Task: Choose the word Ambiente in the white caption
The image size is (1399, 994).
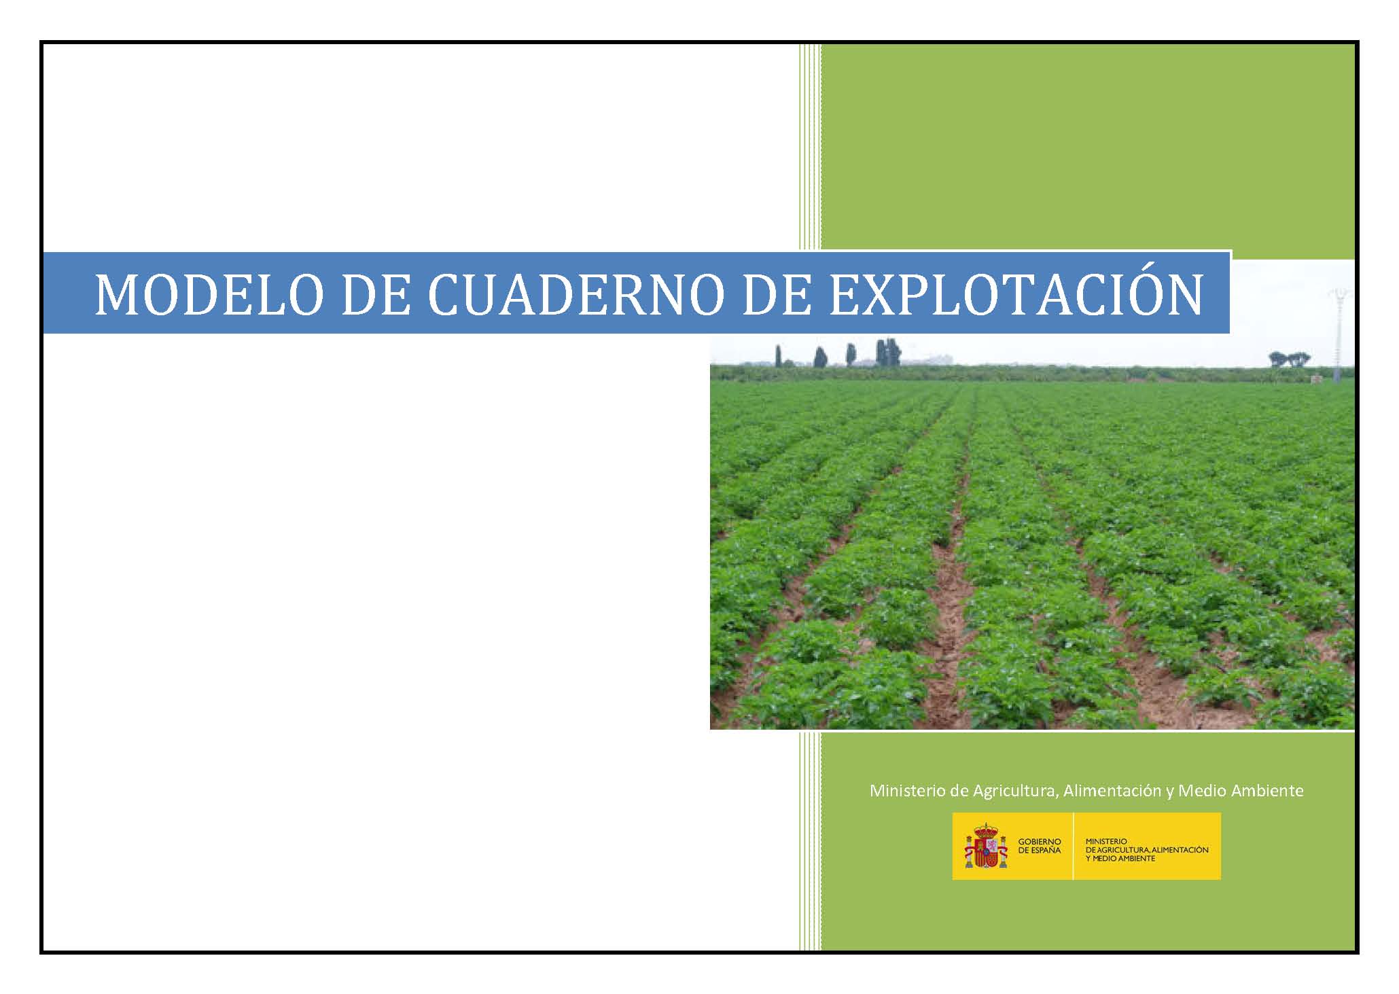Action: [1271, 791]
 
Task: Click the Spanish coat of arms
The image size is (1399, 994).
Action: [986, 846]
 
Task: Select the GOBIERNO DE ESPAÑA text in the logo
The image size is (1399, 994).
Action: [1039, 846]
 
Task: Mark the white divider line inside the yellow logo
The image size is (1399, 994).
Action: [1073, 846]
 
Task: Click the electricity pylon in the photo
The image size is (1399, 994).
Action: [1337, 333]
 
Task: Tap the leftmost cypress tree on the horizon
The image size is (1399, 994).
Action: [778, 356]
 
